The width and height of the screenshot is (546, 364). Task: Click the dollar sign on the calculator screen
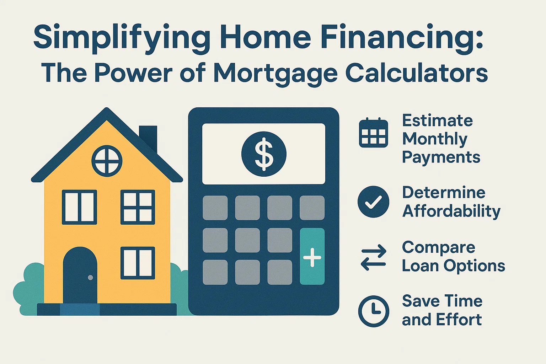coord(264,154)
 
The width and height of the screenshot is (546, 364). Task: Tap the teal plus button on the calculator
coord(312,256)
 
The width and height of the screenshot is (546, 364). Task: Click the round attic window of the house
coord(107,160)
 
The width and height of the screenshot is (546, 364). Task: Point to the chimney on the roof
coord(148,137)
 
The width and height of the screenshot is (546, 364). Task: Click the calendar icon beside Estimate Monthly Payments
coord(373,133)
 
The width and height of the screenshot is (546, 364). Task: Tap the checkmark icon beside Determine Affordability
coord(373,202)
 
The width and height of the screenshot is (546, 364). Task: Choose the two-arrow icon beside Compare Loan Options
coord(373,257)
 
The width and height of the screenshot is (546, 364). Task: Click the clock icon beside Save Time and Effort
coord(373,311)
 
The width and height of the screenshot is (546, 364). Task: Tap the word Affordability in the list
coord(451,211)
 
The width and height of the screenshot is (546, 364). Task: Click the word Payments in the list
coord(441,157)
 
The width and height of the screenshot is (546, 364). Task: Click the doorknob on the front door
coord(90,277)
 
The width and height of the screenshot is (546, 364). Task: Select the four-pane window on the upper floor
coord(138,207)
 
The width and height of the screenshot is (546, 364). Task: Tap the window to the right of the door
coord(138,263)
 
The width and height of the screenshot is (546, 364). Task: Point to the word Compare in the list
coord(438,247)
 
